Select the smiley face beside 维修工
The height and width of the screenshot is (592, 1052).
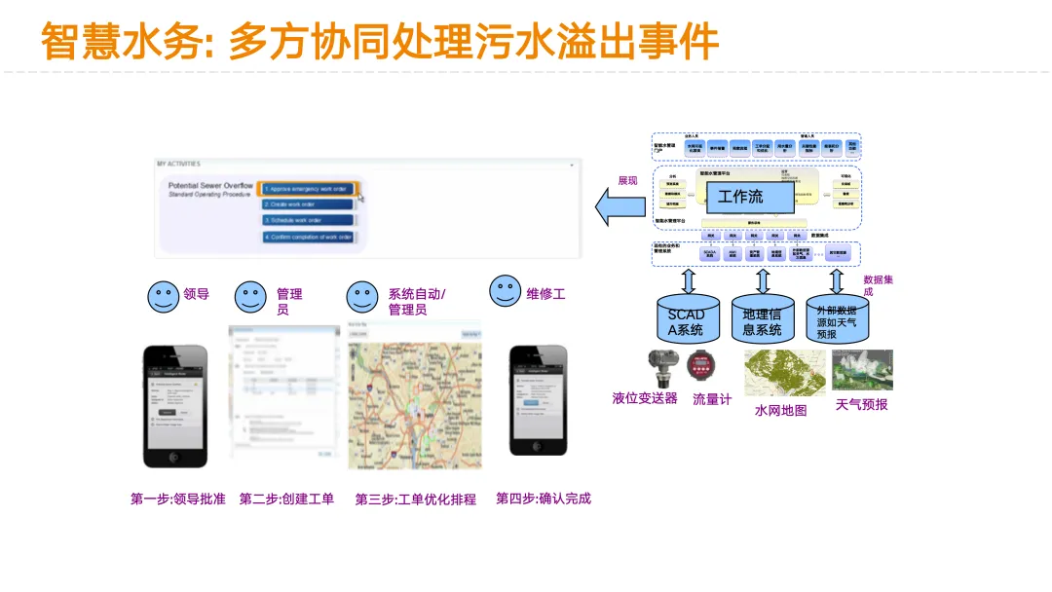505,290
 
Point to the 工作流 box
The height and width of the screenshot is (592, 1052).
741,196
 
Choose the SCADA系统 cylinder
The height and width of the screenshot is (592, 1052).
687,318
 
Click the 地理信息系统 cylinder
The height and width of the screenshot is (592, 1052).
762,318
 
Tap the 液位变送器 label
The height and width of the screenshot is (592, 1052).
644,398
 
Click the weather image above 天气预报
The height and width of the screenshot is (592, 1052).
862,371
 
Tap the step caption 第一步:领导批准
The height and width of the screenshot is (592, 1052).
177,499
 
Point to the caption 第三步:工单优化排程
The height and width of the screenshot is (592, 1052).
416,499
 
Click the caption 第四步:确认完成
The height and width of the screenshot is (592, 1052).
544,499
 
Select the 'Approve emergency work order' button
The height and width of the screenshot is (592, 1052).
308,188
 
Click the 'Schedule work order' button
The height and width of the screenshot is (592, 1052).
308,221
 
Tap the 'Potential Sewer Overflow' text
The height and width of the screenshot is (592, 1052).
210,185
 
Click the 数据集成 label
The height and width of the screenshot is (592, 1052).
882,285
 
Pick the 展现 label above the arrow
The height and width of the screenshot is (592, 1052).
627,180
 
